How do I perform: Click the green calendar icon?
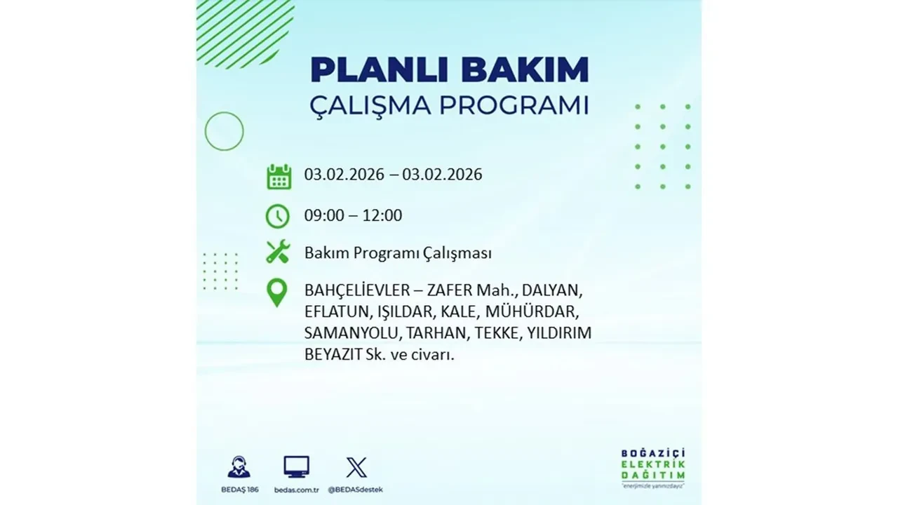(x=279, y=176)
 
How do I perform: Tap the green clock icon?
(x=278, y=216)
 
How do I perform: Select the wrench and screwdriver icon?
(x=278, y=252)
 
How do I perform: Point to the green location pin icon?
(x=278, y=292)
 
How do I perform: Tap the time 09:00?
(x=324, y=215)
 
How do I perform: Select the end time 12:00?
(x=382, y=215)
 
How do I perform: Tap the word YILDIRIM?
(x=561, y=333)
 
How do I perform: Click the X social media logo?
(x=356, y=467)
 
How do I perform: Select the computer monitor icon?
(x=297, y=466)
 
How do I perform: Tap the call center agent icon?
(x=239, y=467)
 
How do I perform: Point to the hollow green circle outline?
(x=224, y=131)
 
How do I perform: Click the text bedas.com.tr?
(x=297, y=489)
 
